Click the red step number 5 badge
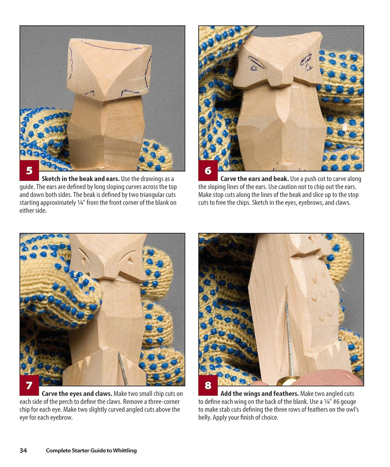[x=29, y=170]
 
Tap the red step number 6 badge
[x=208, y=170]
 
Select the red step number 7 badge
[x=29, y=385]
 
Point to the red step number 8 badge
[x=208, y=385]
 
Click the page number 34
[x=23, y=450]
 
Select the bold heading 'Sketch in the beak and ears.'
[x=80, y=179]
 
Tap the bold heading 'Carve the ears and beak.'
[x=254, y=179]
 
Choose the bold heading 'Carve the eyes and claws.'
[x=77, y=394]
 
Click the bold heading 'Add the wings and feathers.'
[x=260, y=394]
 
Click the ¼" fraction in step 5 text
[x=80, y=203]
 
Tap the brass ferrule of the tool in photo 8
[x=287, y=381]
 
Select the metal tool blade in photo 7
[x=122, y=369]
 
